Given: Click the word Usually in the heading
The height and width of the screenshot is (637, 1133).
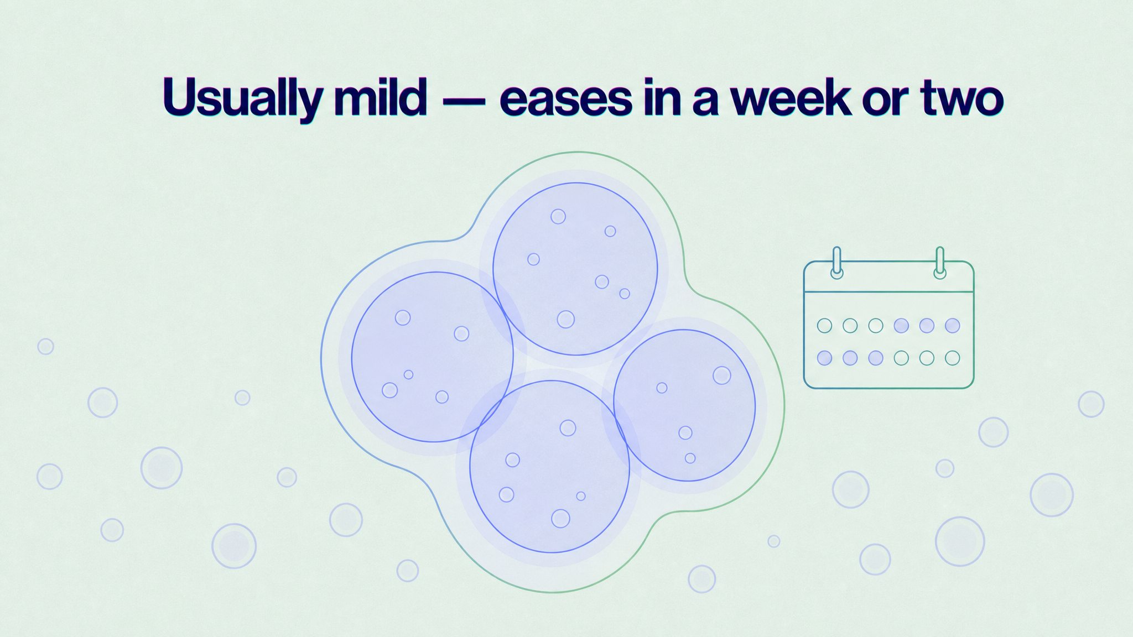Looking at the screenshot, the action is (x=241, y=98).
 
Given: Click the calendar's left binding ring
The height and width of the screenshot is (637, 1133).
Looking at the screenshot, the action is (x=837, y=262).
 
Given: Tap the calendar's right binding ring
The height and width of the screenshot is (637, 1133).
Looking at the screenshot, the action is (x=939, y=262).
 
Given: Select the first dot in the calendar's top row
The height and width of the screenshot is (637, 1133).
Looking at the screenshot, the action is (x=824, y=325).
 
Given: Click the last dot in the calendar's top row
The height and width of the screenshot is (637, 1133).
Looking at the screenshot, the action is (x=953, y=325).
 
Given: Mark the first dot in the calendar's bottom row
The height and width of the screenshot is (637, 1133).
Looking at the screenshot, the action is (x=824, y=358).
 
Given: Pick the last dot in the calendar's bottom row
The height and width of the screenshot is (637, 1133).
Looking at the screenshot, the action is (x=953, y=358).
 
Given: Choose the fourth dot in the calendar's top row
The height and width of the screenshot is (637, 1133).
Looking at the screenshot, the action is (x=901, y=325).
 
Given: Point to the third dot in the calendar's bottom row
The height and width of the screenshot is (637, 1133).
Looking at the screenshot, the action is (x=876, y=358).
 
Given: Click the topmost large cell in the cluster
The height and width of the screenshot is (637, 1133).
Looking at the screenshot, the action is (x=575, y=269).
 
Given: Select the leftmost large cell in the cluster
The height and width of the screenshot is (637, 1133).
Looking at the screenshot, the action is (x=433, y=357).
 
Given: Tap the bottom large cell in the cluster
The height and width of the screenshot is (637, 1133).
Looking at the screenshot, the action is (x=550, y=466).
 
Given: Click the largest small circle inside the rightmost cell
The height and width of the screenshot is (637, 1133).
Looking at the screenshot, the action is (x=722, y=375).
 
